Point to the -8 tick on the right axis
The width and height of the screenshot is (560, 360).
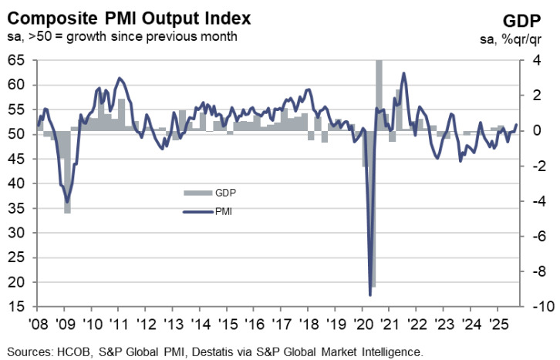click(531, 272)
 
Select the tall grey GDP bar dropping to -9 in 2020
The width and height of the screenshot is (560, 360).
click(373, 231)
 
